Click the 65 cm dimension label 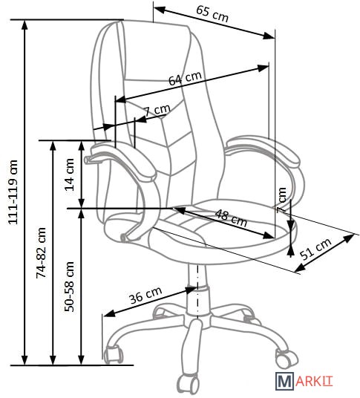(212, 13)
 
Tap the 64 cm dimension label (185, 78)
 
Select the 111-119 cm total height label (13, 192)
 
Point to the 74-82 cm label (41, 252)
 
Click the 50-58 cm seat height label (69, 287)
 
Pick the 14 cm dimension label (69, 174)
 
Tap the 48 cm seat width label (231, 218)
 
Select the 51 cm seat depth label (315, 249)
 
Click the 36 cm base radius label (145, 296)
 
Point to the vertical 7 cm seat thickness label (281, 200)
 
